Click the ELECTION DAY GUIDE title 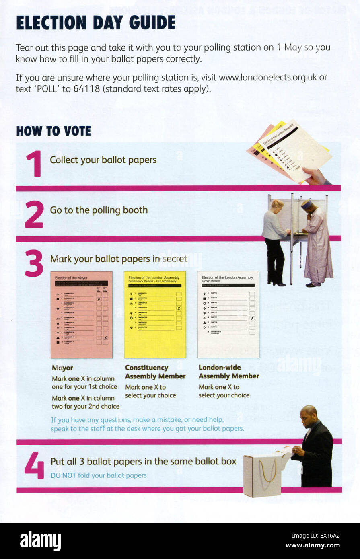[x=96, y=23]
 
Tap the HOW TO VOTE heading [x=53, y=131]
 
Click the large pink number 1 [x=34, y=164]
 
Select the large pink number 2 [x=34, y=214]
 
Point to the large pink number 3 [x=34, y=263]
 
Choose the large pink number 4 [x=34, y=466]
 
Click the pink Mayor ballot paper [x=82, y=314]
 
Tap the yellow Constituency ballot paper [x=155, y=314]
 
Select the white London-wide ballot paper [x=228, y=314]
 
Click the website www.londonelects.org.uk [x=267, y=77]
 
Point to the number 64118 [x=86, y=89]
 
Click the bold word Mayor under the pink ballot [x=62, y=368]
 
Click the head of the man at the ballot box [x=309, y=414]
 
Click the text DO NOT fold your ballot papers [x=99, y=475]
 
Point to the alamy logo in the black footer [x=40, y=541]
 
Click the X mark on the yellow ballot [x=179, y=309]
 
